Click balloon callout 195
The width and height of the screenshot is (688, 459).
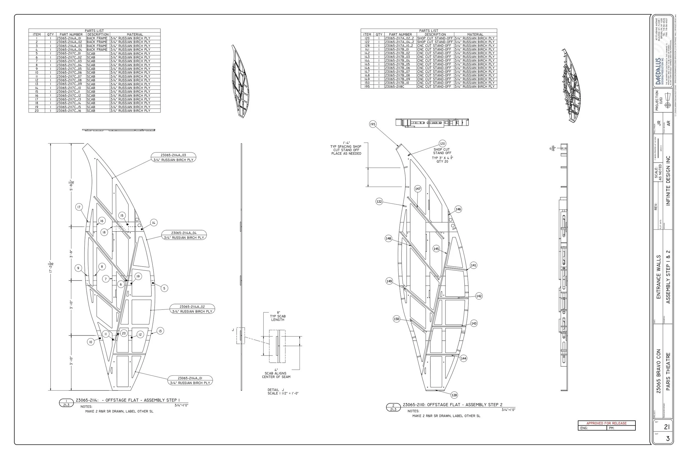click(372, 124)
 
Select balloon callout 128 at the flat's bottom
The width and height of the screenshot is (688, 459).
click(454, 395)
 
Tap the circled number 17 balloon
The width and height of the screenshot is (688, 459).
click(79, 207)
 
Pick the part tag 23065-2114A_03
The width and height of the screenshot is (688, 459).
click(173, 155)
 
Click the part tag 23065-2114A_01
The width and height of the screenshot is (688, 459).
click(190, 378)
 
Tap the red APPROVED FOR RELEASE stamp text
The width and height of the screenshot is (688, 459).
click(606, 423)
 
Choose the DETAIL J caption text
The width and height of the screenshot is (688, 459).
click(275, 390)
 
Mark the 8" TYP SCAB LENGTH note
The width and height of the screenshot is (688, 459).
click(278, 316)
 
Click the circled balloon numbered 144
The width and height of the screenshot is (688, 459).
click(463, 358)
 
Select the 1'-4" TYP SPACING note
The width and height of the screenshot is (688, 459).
click(346, 148)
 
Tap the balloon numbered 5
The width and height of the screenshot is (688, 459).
click(164, 288)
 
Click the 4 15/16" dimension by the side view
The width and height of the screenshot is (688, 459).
click(552, 148)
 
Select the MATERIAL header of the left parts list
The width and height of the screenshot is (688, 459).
click(135, 34)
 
